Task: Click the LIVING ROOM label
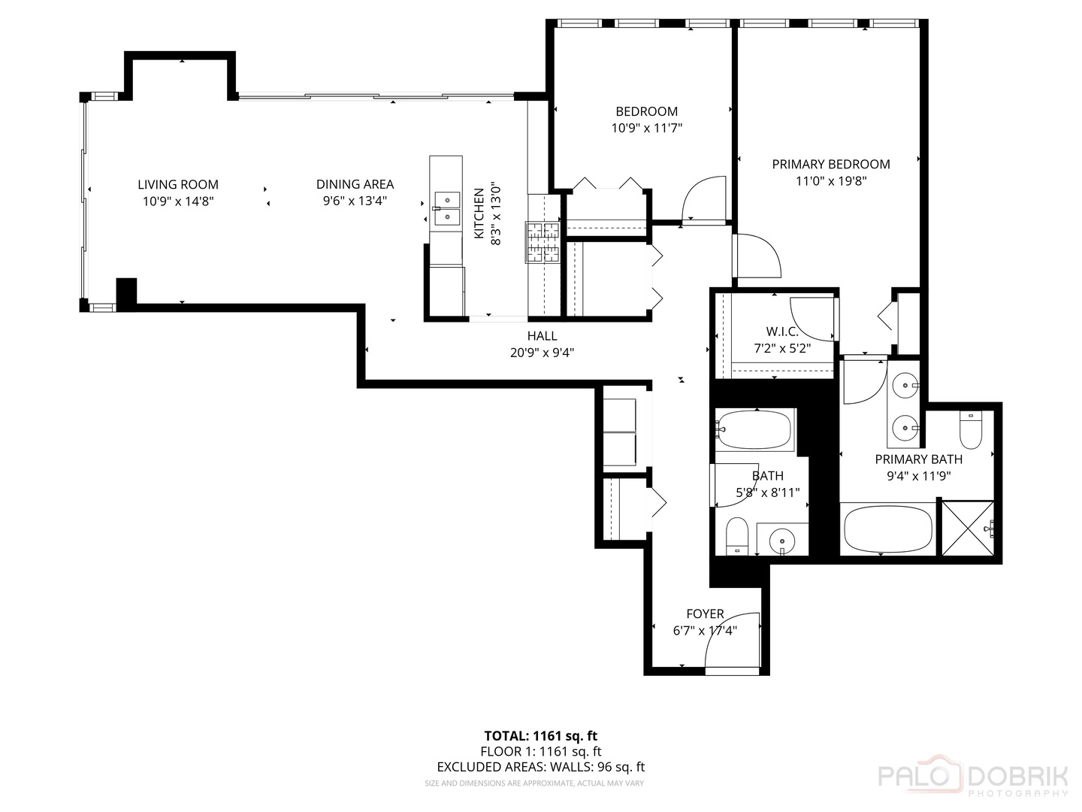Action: click(x=178, y=184)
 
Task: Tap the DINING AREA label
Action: click(x=355, y=184)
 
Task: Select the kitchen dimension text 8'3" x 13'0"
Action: click(x=495, y=214)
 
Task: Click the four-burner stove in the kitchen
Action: click(x=543, y=243)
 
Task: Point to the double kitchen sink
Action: click(x=447, y=208)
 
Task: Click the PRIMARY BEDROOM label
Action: click(x=831, y=164)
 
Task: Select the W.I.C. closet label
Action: click(x=782, y=332)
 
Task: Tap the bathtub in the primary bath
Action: click(x=888, y=529)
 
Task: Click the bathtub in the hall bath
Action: click(x=754, y=430)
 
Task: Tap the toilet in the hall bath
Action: click(x=737, y=535)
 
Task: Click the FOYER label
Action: click(x=705, y=614)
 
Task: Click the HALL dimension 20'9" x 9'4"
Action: click(x=542, y=352)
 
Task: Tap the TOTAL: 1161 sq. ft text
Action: click(x=540, y=735)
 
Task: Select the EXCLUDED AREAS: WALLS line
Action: click(x=540, y=767)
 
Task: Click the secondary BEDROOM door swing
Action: click(x=704, y=198)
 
